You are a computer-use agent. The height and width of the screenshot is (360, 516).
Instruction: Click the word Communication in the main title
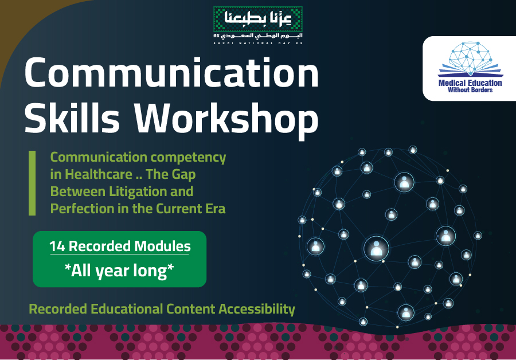pyautogui.click(x=171, y=72)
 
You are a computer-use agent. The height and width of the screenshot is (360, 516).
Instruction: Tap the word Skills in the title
pyautogui.click(x=72, y=118)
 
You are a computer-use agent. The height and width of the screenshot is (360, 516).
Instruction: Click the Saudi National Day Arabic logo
pyautogui.click(x=257, y=25)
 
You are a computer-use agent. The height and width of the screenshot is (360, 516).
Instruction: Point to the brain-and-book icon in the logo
pyautogui.click(x=470, y=59)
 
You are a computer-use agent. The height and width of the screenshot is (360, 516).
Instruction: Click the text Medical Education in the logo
pyautogui.click(x=470, y=83)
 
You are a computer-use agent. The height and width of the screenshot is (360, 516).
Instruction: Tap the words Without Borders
pyautogui.click(x=470, y=90)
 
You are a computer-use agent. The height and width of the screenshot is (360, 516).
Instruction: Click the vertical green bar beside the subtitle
pyautogui.click(x=32, y=183)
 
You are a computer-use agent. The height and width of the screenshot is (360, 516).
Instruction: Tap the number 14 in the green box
pyautogui.click(x=57, y=246)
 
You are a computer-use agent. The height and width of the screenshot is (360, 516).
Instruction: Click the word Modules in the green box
pyautogui.click(x=163, y=246)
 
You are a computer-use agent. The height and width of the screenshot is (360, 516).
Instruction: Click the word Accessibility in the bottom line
pyautogui.click(x=257, y=310)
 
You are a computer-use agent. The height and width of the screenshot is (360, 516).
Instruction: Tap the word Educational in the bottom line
pyautogui.click(x=127, y=309)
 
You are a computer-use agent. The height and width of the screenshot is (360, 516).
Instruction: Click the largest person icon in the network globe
pyautogui.click(x=376, y=249)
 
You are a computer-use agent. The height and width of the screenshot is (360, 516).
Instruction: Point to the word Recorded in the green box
pyautogui.click(x=100, y=246)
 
